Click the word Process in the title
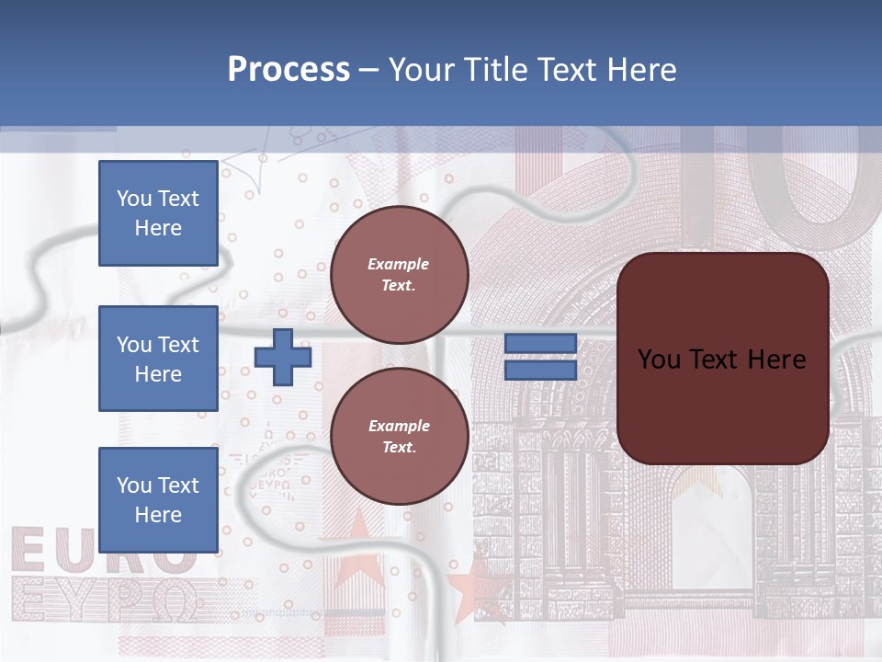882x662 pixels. point(288,70)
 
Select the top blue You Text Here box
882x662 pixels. point(158,213)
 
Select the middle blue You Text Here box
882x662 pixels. point(158,359)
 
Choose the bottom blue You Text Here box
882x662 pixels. point(158,499)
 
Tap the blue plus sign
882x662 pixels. point(283,357)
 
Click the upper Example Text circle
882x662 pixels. point(399,275)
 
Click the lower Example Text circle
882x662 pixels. point(399,437)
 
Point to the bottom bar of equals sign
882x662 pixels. point(540,370)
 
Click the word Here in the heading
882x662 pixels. point(639,70)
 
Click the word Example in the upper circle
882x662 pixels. point(399,265)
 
